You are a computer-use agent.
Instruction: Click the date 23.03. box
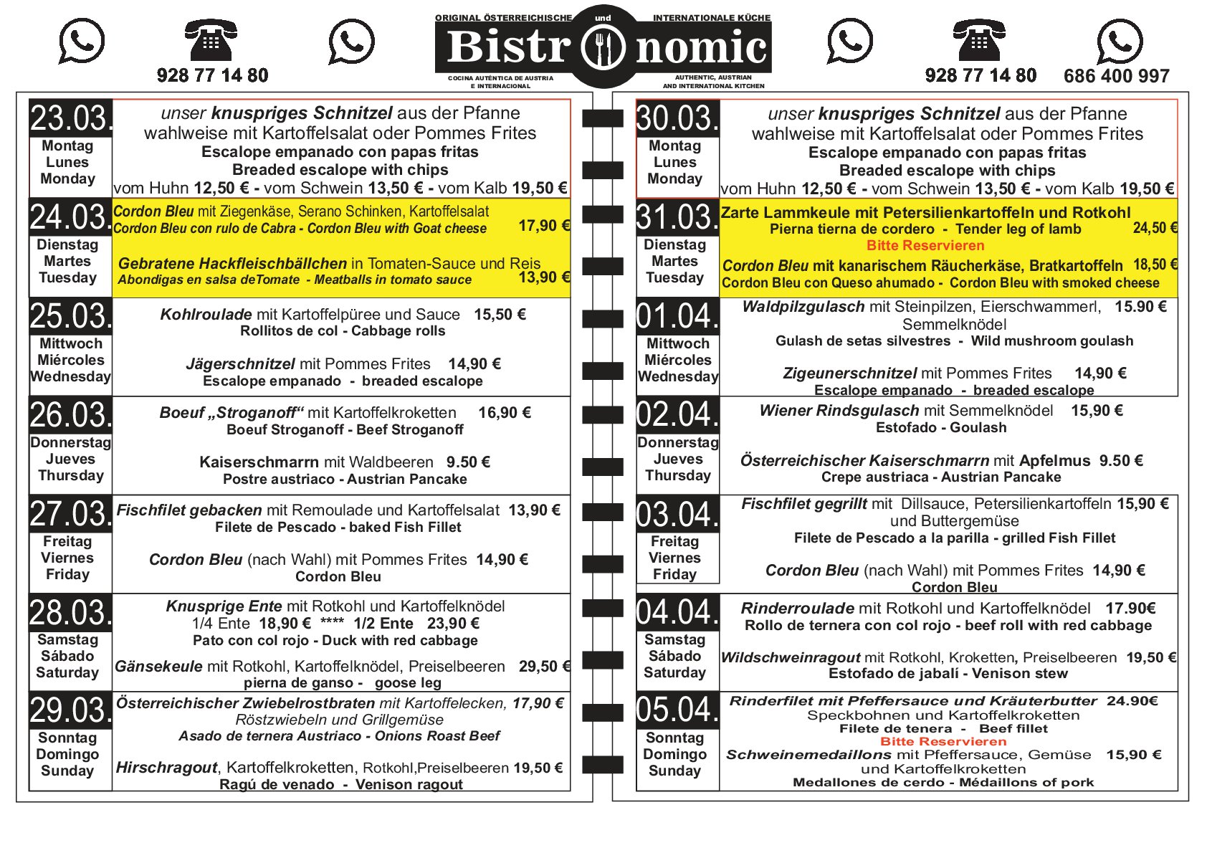coord(70,118)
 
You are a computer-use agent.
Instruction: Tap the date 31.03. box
coord(677,217)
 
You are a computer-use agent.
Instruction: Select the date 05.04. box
coord(677,710)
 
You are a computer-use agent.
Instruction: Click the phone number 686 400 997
coord(1116,76)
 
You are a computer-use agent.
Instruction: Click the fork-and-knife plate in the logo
coord(603,48)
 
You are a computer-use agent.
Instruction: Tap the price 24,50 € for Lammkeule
coord(1155,228)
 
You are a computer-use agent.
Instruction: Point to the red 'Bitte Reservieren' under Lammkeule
coord(925,246)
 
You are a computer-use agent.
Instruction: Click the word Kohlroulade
coord(206,315)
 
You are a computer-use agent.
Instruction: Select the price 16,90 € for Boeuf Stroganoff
coord(505,413)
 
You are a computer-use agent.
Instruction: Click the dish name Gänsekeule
coord(158,667)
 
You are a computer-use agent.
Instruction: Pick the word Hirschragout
coord(166,768)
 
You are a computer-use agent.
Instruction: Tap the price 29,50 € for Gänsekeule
coord(543,667)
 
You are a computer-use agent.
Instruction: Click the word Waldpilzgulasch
coord(803,308)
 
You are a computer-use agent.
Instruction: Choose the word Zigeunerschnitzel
coord(849,373)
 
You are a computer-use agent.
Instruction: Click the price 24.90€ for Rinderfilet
coord(1132,701)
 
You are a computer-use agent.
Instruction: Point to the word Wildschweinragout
coord(790,658)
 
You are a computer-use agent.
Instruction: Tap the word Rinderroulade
coord(797,609)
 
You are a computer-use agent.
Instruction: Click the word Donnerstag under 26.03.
coord(70,443)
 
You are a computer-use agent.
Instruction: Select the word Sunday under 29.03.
coord(67,771)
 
